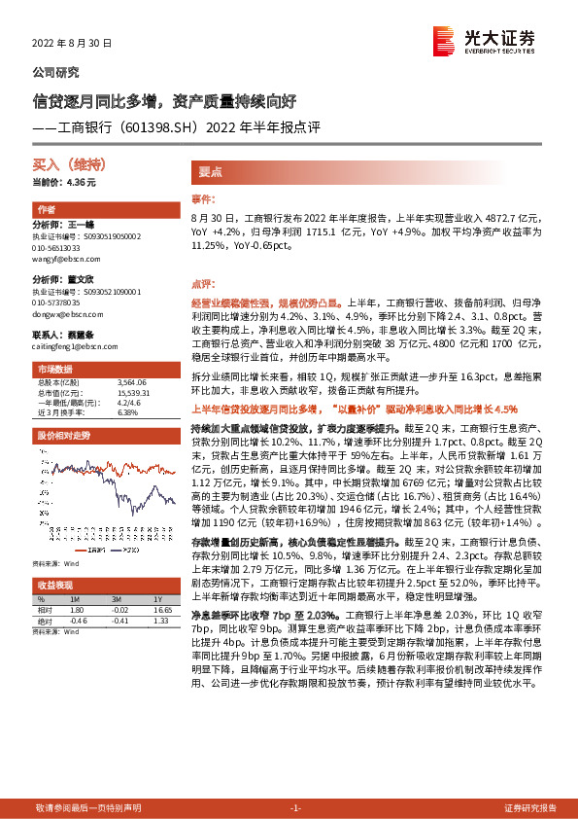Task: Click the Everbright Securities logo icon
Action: (443, 40)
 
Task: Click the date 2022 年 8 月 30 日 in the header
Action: (72, 44)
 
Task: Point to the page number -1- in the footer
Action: (295, 808)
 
